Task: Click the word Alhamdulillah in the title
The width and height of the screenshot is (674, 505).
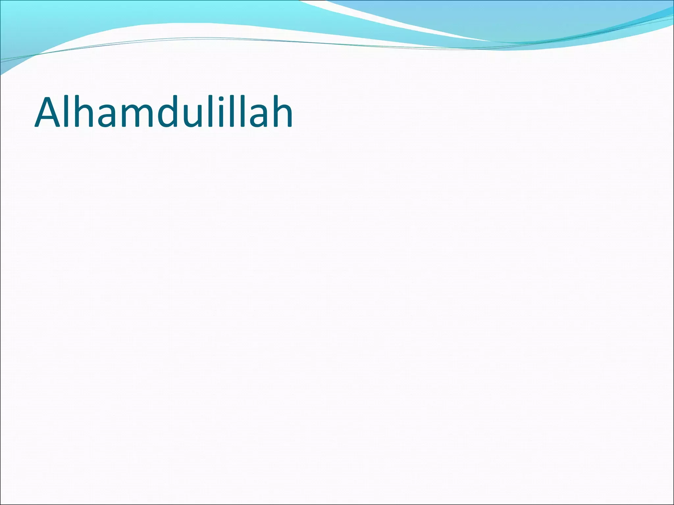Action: tap(164, 112)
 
